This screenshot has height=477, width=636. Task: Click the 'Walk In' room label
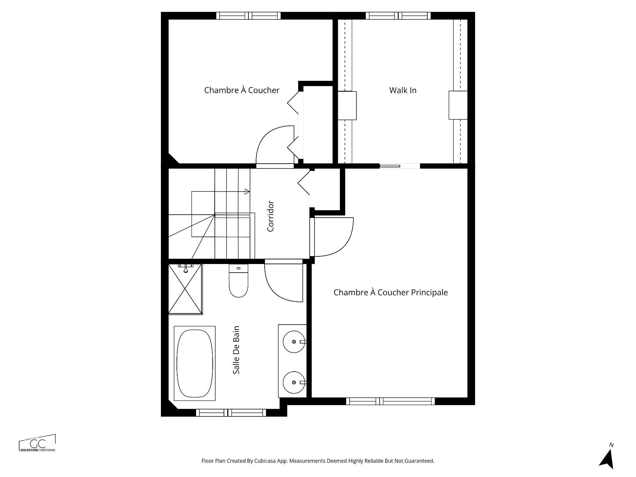[402, 90]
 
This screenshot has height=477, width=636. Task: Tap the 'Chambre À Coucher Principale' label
[391, 292]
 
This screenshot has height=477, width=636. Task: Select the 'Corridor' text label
[271, 216]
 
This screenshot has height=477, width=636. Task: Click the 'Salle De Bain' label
[236, 350]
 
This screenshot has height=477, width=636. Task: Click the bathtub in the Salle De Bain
[195, 363]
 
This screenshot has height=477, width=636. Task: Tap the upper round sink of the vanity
[294, 342]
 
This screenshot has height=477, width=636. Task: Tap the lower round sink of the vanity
[294, 382]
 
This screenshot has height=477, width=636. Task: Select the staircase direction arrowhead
[247, 191]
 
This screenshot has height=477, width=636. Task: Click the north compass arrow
[607, 458]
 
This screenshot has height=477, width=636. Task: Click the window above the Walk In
[398, 16]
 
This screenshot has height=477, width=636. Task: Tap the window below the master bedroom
[390, 401]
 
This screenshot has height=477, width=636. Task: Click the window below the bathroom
[231, 413]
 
